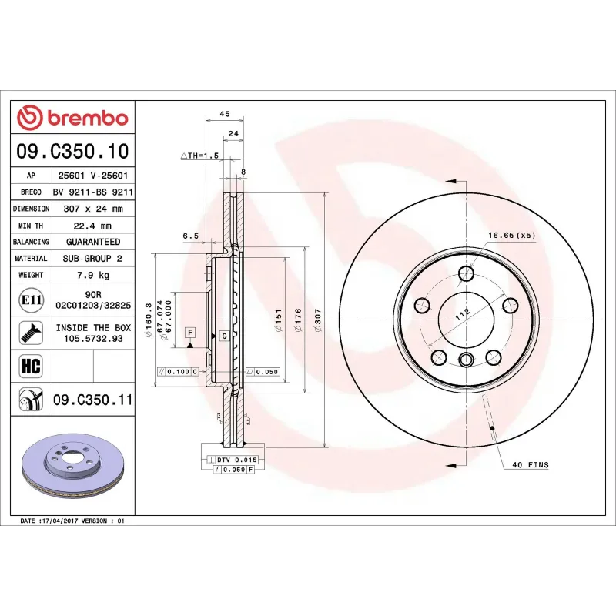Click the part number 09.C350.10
73,151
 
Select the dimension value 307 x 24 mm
93,209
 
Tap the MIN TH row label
31,226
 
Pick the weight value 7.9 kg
93,275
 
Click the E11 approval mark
30,300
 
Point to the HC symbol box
30,364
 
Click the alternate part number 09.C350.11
93,400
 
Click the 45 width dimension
225,114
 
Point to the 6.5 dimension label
190,236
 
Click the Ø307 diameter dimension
317,318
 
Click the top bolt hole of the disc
466,273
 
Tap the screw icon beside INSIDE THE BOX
30,332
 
